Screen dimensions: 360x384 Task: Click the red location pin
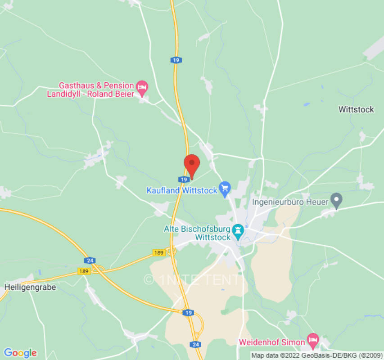click(x=192, y=164)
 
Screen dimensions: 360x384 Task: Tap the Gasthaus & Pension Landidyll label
click(x=96, y=90)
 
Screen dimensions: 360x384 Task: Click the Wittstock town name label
click(x=356, y=109)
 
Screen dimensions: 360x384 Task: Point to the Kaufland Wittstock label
click(x=181, y=190)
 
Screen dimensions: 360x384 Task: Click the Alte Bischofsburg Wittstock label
click(x=197, y=233)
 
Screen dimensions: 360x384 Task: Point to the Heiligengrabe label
click(x=30, y=287)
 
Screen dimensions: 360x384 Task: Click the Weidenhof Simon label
click(x=271, y=342)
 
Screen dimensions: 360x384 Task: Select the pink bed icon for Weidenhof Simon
click(x=313, y=339)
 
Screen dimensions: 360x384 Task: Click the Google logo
click(x=20, y=353)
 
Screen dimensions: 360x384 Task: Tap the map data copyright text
click(x=316, y=355)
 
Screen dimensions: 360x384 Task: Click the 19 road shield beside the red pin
click(x=183, y=179)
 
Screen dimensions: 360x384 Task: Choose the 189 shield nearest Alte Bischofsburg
click(x=158, y=252)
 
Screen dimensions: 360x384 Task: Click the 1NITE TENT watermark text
click(x=193, y=279)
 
